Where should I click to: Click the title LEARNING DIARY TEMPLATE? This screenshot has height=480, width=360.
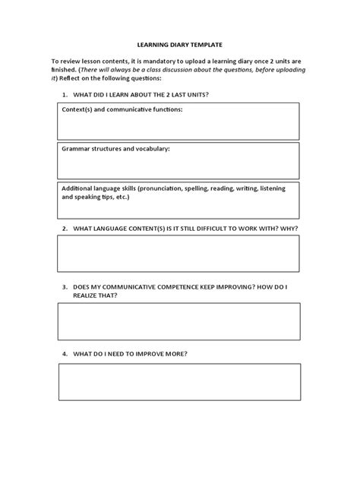179,45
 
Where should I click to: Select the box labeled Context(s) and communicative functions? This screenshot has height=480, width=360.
178,122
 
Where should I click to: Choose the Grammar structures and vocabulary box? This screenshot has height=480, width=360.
178,159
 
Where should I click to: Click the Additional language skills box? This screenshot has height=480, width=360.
178,200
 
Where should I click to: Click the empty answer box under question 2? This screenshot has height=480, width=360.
178,253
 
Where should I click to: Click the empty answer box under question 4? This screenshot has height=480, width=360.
178,381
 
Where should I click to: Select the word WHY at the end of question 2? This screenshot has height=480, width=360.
289,228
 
